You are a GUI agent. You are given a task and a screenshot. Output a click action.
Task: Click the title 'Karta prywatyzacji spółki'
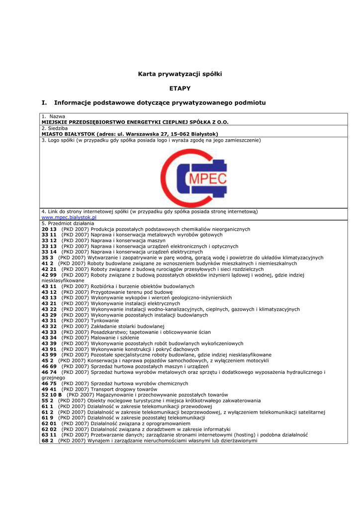180,74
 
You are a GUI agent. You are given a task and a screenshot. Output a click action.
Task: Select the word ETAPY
180,88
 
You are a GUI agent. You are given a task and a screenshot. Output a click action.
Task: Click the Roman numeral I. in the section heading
44,103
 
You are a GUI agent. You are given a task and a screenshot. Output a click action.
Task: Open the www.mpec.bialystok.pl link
69,217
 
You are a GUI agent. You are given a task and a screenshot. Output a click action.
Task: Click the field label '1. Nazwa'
53,116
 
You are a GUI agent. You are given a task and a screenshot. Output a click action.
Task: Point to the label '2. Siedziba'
54,128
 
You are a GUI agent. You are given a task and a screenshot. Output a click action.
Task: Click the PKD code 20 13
49,229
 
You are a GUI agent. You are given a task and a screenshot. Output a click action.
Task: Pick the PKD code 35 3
47,257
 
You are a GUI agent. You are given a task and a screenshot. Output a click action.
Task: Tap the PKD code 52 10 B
52,395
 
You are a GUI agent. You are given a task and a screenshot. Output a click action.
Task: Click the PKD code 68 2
47,440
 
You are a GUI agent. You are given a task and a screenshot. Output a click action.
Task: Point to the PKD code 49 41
49,389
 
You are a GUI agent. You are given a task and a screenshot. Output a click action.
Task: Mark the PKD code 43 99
49,354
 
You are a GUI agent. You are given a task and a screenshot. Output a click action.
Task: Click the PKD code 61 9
47,418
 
